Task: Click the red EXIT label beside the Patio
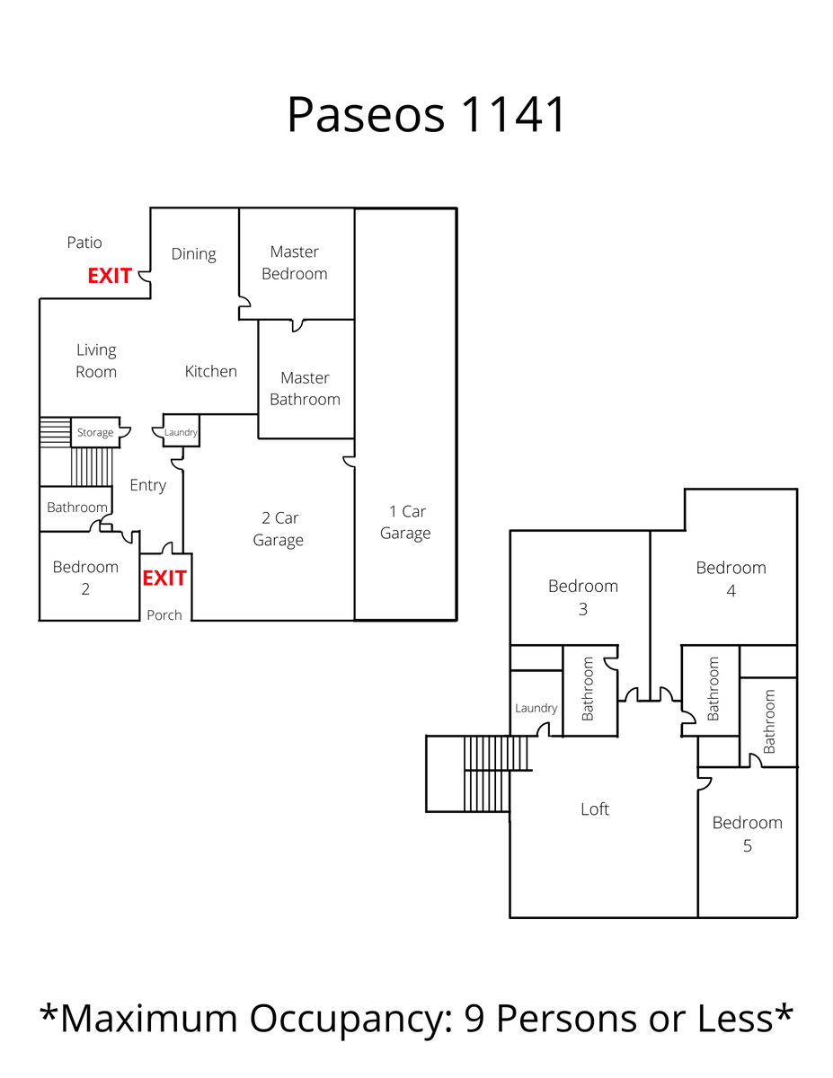pos(110,276)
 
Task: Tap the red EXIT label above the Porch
pos(164,578)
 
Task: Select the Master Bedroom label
pos(295,262)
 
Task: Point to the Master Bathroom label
pos(305,388)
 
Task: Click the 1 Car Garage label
pos(405,522)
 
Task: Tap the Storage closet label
pos(95,433)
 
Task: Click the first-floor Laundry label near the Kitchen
pos(181,433)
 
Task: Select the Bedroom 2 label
pos(85,578)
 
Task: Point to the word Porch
pos(164,615)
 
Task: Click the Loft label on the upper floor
pos(595,809)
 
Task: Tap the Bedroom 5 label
pos(747,834)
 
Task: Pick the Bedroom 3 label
pos(583,597)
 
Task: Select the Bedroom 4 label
pos(731,579)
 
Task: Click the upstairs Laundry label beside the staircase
pos(536,708)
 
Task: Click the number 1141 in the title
pos(514,115)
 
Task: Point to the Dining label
pos(194,254)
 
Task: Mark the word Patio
pos(84,243)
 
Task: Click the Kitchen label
pos(211,371)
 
